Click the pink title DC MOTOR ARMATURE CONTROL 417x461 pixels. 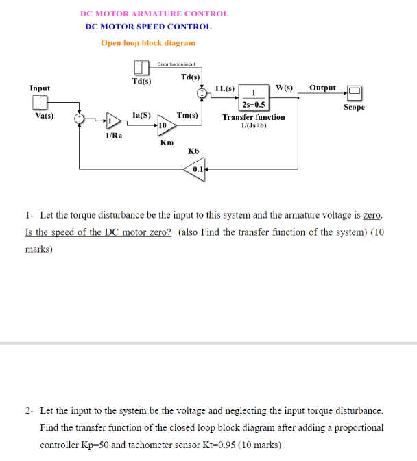click(x=154, y=14)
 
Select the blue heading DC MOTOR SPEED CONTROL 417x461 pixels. click(x=148, y=27)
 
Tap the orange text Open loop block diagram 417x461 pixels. click(x=148, y=42)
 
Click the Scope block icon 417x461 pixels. click(x=354, y=92)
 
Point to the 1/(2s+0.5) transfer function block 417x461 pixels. click(x=254, y=98)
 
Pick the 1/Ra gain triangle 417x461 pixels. click(x=113, y=121)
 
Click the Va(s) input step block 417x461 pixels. click(x=40, y=103)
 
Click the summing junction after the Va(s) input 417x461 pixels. click(x=81, y=119)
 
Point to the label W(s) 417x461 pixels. click(x=284, y=88)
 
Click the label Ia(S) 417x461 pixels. click(x=141, y=116)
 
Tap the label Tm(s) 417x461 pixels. click(x=187, y=116)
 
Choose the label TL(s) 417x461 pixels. click(x=224, y=89)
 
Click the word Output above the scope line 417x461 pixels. click(x=322, y=88)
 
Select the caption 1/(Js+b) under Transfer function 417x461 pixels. click(x=254, y=125)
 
